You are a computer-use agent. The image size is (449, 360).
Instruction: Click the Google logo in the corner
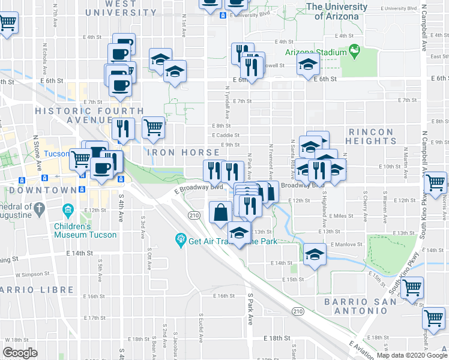pos(20,353)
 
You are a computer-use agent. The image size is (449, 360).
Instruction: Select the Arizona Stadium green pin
pos(354,53)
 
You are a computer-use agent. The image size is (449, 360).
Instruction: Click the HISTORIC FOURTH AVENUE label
pos(89,115)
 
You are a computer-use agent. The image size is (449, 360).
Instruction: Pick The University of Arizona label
pos(337,11)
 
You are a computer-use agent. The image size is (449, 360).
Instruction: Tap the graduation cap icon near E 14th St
pos(315,254)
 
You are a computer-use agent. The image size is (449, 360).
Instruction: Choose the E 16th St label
pos(223,296)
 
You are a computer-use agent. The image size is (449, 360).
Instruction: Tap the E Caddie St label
pos(225,136)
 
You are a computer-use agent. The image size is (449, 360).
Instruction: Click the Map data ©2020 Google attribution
pos(411,356)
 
